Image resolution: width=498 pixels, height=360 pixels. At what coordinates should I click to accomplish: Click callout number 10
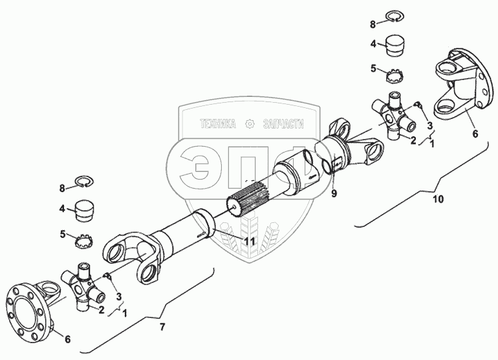(x=438, y=199)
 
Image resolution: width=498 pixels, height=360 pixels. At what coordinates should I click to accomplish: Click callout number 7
(x=162, y=327)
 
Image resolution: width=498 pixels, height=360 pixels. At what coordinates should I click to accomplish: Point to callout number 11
(x=248, y=241)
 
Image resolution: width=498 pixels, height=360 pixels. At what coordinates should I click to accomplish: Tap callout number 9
(x=334, y=193)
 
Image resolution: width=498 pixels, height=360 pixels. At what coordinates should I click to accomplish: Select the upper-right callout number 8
(x=373, y=24)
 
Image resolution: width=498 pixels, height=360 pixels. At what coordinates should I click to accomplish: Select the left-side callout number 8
(x=63, y=188)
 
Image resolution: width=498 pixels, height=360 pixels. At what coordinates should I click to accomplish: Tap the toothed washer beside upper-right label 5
(x=395, y=75)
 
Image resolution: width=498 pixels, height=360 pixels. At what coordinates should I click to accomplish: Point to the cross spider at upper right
(x=395, y=116)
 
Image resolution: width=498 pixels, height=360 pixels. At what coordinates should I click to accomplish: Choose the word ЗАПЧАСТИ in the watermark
(x=283, y=123)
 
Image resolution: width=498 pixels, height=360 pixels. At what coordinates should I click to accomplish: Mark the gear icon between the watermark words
(x=249, y=123)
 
